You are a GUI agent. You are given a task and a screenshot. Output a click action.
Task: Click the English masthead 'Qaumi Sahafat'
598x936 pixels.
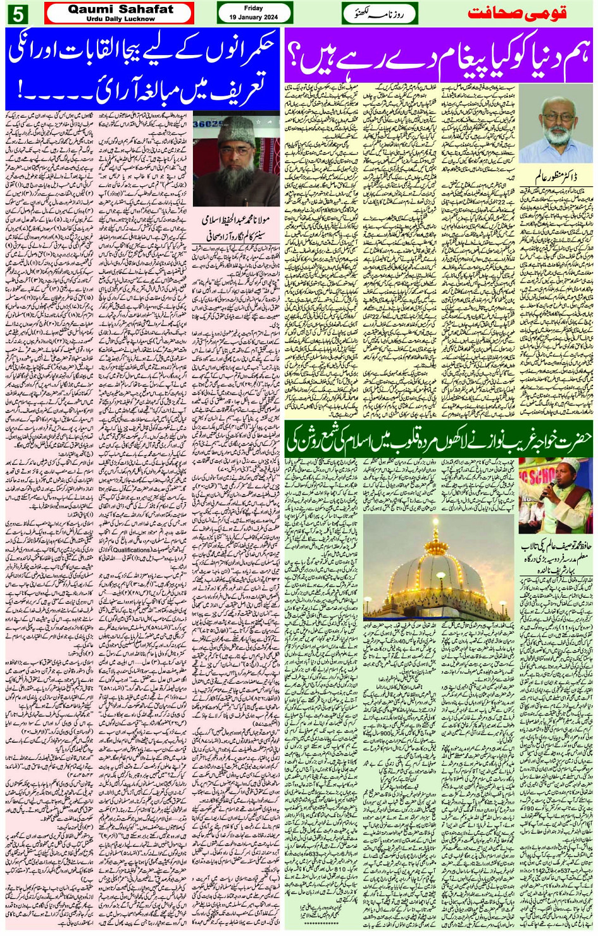click(x=120, y=9)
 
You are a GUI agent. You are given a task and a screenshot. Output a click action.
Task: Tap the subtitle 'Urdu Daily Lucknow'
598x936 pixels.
click(x=120, y=19)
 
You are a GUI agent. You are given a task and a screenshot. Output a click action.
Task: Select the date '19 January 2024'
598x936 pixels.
click(x=254, y=17)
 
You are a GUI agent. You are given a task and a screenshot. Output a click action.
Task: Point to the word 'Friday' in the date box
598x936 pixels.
click(x=253, y=8)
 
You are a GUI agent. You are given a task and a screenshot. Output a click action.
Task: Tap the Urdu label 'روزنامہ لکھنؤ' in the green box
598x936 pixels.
click(x=380, y=13)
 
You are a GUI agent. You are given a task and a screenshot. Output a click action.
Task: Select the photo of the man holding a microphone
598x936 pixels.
click(x=556, y=496)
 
